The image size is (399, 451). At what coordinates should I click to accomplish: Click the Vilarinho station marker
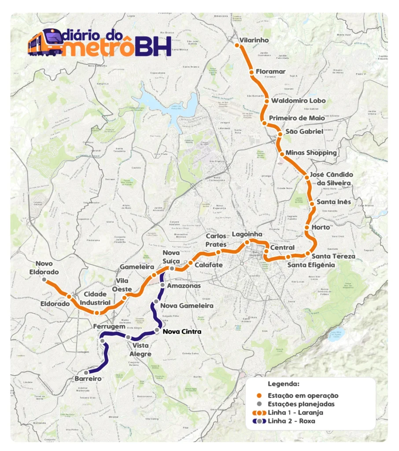pos(237,45)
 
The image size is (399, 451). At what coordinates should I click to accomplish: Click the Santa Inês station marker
pos(312,203)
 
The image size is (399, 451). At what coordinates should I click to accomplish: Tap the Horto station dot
pos(307,228)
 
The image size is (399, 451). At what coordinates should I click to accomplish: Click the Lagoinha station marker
pos(247,242)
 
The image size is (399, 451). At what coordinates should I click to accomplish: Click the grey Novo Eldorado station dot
pos(44,279)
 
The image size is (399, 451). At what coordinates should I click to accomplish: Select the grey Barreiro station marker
pos(86,373)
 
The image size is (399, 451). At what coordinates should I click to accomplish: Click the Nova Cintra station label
pos(182,332)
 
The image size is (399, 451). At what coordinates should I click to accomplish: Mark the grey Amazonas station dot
pos(163,285)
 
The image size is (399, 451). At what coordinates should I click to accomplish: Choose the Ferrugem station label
pos(108,326)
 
